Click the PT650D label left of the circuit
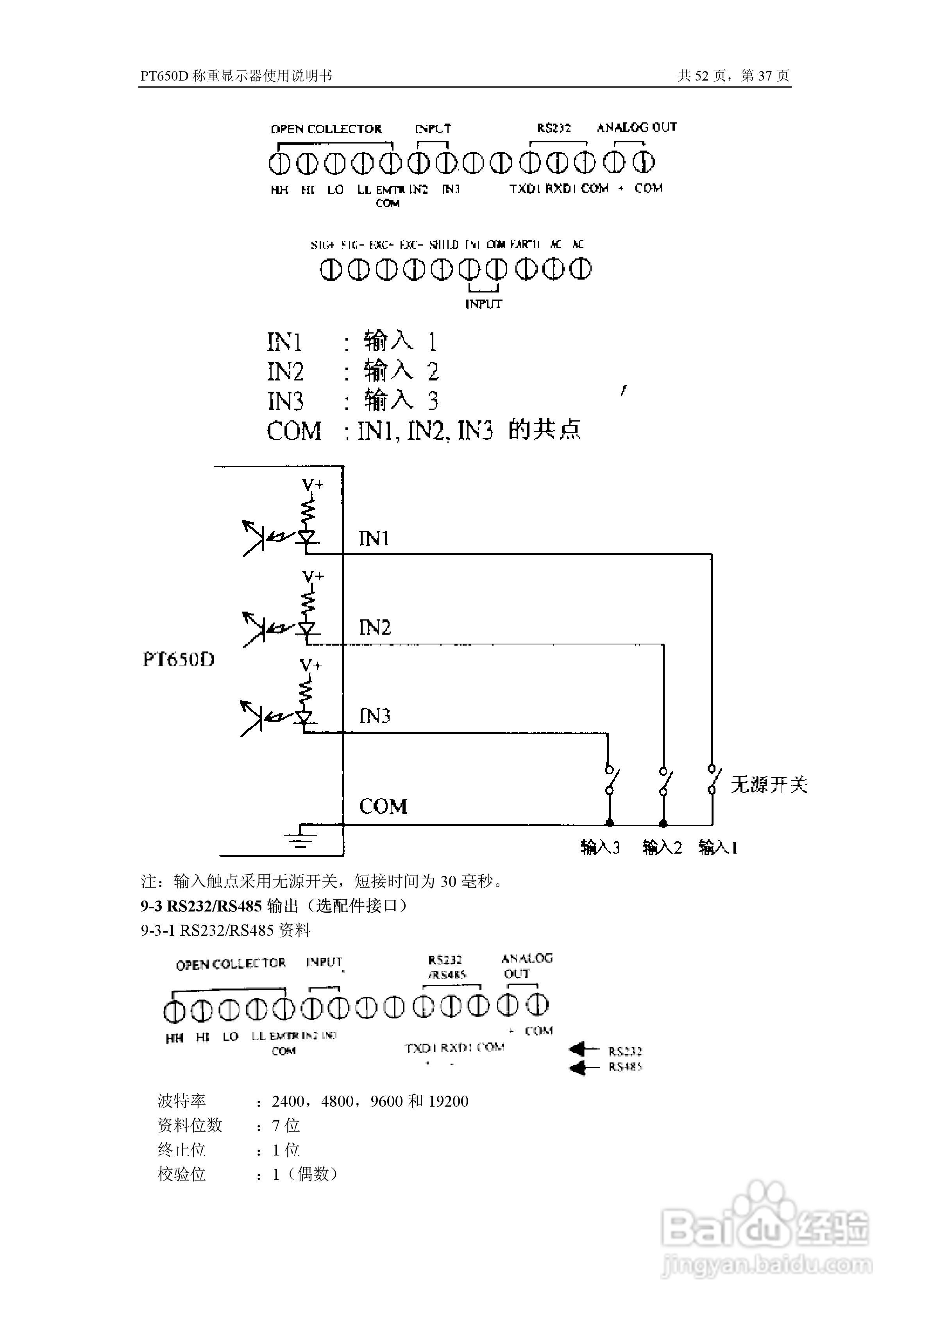point(178,660)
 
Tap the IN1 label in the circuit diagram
point(374,538)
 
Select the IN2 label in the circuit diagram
point(374,628)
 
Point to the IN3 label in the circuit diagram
point(374,716)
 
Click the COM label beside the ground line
point(383,806)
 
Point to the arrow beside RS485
point(584,1068)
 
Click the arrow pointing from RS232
point(584,1050)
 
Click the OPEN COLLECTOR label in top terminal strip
point(326,129)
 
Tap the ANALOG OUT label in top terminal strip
point(637,127)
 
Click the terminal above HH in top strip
point(279,163)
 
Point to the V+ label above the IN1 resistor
point(313,485)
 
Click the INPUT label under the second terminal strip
point(483,304)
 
